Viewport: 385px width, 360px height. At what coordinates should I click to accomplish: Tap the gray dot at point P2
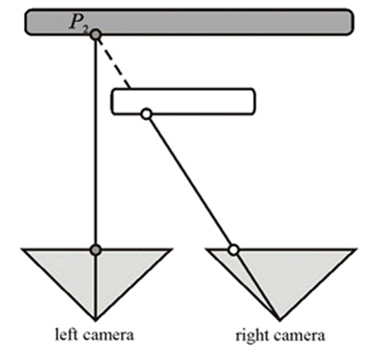[x=96, y=35]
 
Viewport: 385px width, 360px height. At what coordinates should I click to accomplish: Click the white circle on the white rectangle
[x=147, y=114]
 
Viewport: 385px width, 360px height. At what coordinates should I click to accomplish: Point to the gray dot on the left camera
[x=96, y=250]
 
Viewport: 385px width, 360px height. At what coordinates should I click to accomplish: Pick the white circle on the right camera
[x=233, y=250]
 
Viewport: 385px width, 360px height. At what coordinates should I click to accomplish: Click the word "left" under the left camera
[x=66, y=334]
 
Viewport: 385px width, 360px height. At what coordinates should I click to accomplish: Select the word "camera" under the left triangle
[x=108, y=335]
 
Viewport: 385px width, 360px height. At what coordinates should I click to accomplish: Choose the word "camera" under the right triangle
[x=299, y=336]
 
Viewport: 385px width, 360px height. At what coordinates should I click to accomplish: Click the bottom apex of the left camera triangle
[x=95, y=321]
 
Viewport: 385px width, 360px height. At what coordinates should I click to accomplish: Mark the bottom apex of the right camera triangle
[x=279, y=321]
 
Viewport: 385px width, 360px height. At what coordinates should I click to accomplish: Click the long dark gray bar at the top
[x=189, y=22]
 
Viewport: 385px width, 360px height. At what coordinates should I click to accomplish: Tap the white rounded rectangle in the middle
[x=183, y=101]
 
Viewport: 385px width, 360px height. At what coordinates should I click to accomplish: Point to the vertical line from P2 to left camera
[x=96, y=142]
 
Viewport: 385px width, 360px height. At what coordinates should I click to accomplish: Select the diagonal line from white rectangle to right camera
[x=190, y=182]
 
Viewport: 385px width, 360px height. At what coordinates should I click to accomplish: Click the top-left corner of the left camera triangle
[x=22, y=249]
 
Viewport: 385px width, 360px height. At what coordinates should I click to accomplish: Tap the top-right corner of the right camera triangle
[x=356, y=249]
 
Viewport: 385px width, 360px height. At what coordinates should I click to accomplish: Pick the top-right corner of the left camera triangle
[x=171, y=249]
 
